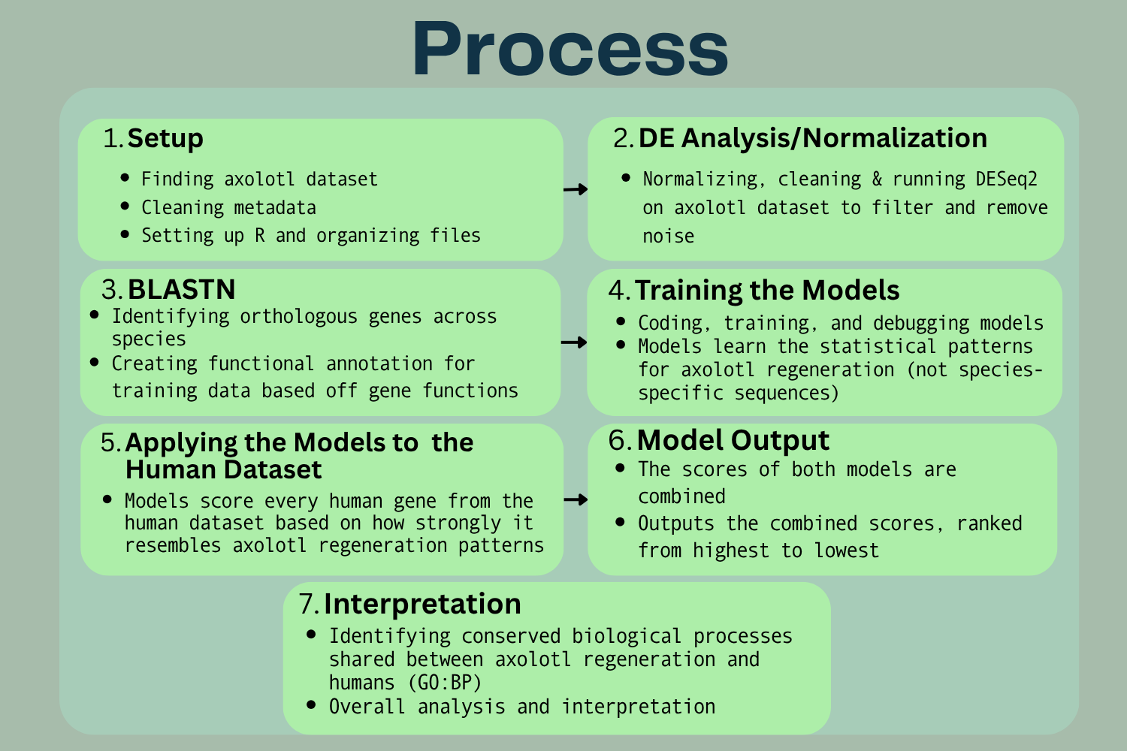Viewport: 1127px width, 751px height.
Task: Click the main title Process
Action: [570, 49]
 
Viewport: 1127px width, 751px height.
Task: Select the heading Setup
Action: [165, 138]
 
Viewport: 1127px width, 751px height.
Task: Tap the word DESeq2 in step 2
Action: [1006, 179]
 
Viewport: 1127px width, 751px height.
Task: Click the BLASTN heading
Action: [182, 289]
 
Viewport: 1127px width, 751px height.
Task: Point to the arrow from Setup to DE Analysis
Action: [575, 189]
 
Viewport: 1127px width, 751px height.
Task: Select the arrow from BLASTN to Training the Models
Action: [573, 342]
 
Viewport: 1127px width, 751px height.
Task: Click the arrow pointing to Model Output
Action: [576, 499]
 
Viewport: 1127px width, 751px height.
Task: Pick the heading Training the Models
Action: [767, 290]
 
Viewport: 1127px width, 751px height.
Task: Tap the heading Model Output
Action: [733, 441]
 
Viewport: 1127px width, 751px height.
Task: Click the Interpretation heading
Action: [422, 604]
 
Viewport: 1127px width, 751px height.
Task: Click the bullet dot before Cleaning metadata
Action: [125, 206]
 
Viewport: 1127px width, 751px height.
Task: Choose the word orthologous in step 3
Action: [298, 317]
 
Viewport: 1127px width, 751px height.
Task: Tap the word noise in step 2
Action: [668, 237]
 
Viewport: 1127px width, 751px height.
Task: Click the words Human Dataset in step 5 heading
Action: [223, 469]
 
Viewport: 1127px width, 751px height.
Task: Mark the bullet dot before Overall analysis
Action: [311, 704]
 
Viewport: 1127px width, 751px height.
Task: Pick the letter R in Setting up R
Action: [260, 235]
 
